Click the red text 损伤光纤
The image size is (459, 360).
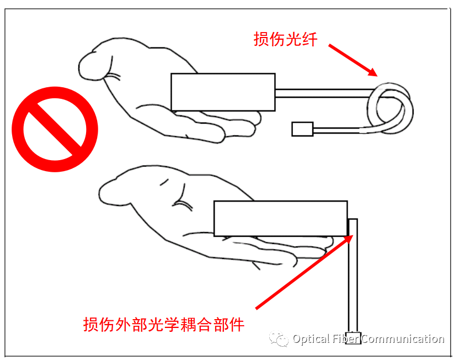[x=285, y=39]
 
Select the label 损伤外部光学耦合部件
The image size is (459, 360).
[x=164, y=324]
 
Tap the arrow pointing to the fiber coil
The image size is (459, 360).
[x=353, y=60]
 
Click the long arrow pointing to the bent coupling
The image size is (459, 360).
[x=305, y=272]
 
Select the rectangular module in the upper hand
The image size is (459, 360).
[x=223, y=92]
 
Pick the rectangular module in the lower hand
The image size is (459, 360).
[x=281, y=219]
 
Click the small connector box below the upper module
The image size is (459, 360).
[x=302, y=129]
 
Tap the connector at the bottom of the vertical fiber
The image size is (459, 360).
[x=353, y=338]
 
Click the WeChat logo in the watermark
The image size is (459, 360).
[x=279, y=338]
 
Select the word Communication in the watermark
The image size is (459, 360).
[x=403, y=339]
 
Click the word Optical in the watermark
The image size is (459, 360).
[x=311, y=339]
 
